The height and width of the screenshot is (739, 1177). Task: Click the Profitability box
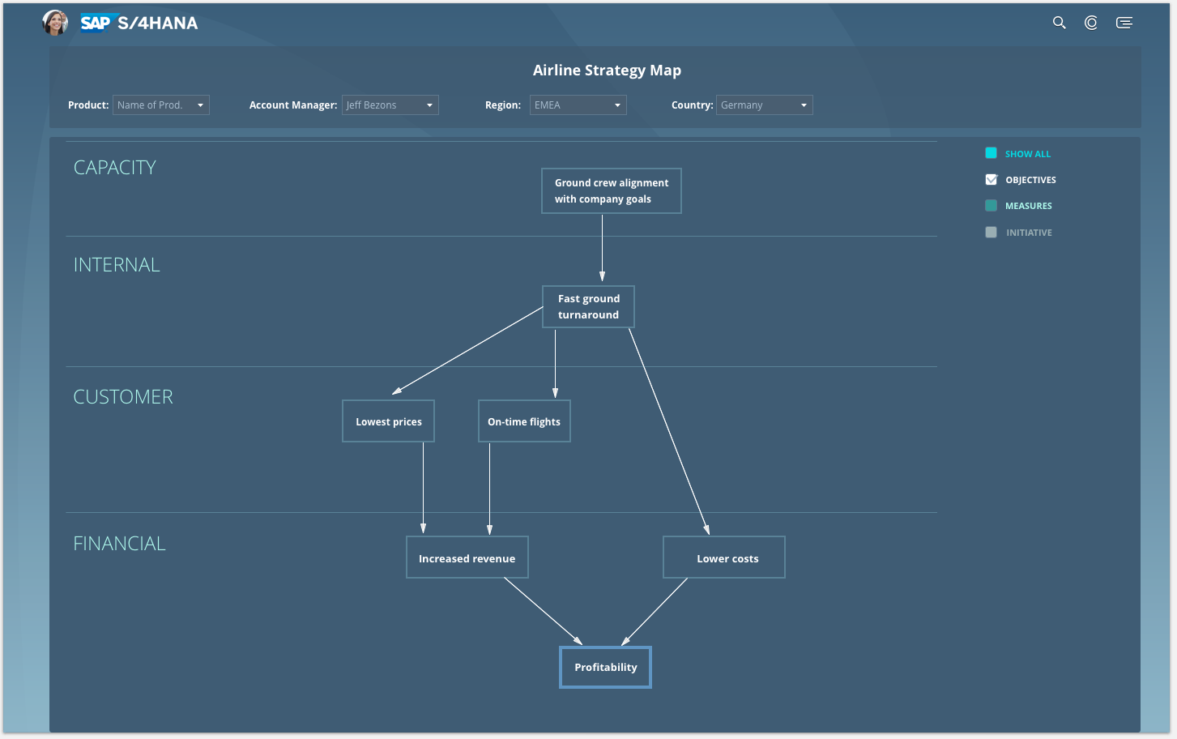tap(605, 667)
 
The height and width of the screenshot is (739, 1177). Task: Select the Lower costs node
tap(724, 557)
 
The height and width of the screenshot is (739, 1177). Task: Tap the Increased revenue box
tap(467, 557)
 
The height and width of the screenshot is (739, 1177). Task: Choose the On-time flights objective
tap(524, 421)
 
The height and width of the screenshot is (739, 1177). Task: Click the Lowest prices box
tap(388, 421)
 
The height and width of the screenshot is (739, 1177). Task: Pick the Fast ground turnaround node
tap(588, 307)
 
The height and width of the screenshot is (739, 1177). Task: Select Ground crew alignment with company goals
tap(612, 190)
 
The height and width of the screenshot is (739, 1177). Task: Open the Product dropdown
tap(160, 105)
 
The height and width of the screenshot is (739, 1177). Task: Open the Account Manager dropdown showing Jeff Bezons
tap(390, 105)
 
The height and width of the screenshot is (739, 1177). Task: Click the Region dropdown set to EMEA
tap(578, 105)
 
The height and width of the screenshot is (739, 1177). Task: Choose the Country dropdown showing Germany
tap(765, 105)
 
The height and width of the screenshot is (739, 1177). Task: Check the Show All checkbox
tap(991, 153)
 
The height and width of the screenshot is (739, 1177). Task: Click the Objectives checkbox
tap(991, 179)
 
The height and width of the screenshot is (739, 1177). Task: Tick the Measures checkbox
tap(991, 206)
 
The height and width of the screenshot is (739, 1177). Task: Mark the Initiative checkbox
tap(991, 233)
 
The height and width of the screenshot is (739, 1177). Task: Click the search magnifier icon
tap(1060, 23)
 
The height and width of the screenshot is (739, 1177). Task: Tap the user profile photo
tap(55, 23)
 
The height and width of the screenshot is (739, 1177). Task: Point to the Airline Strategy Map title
tap(607, 70)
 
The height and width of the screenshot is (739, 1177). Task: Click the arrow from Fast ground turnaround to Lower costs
tap(669, 432)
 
